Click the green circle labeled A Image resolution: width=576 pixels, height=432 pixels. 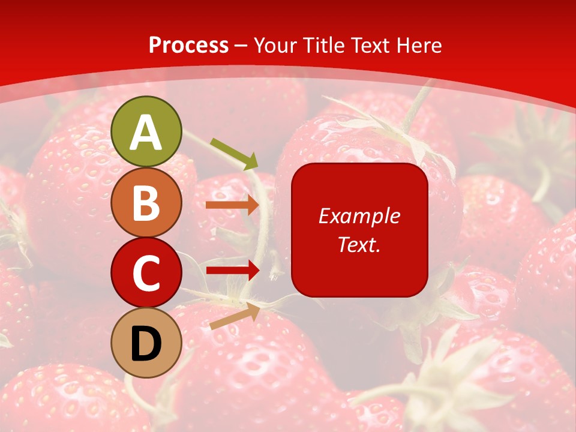coord(146,131)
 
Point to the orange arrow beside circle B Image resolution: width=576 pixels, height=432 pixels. coord(232,205)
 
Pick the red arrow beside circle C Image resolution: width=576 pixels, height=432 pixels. coord(232,270)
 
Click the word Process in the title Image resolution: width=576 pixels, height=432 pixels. coord(188,45)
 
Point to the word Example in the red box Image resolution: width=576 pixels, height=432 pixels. coord(359,216)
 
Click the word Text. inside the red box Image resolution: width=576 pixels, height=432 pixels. coord(359,244)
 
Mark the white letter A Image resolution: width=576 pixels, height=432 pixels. coord(146,133)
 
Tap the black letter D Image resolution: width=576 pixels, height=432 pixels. coord(146,343)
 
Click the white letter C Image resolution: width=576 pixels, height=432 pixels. coord(146,273)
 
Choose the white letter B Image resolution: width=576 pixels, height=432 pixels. coord(146,203)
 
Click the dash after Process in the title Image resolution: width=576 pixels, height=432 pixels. coord(241,46)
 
